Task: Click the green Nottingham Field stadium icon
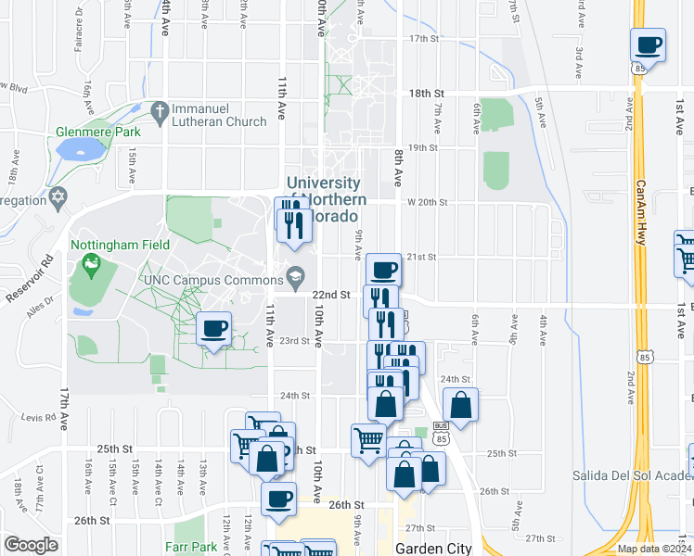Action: pyautogui.click(x=91, y=266)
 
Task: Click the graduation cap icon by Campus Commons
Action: pyautogui.click(x=295, y=274)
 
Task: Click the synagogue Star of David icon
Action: pyautogui.click(x=61, y=198)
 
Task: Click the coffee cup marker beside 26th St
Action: pyautogui.click(x=277, y=499)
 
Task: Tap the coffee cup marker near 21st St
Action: pyautogui.click(x=384, y=270)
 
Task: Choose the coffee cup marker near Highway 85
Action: pyautogui.click(x=648, y=44)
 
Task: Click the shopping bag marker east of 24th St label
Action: pyautogui.click(x=461, y=405)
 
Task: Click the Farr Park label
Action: pyautogui.click(x=192, y=547)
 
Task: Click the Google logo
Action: pyautogui.click(x=31, y=545)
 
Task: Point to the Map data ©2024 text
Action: pyautogui.click(x=653, y=549)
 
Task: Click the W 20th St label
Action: pyautogui.click(x=427, y=202)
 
